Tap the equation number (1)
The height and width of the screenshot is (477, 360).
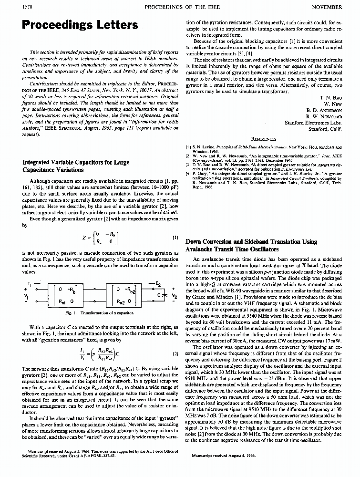click(x=175, y=236)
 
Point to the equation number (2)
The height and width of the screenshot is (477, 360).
click(x=175, y=353)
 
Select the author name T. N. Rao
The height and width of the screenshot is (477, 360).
click(x=330, y=97)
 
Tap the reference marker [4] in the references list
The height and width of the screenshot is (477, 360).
click(x=189, y=174)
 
